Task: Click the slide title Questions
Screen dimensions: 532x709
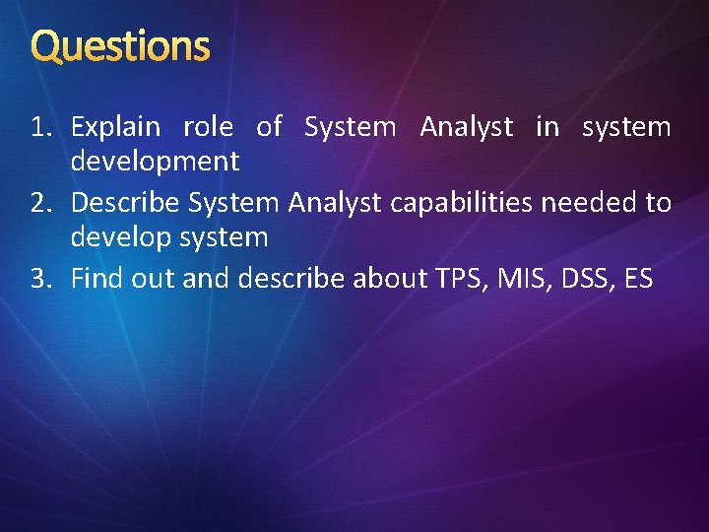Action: (120, 46)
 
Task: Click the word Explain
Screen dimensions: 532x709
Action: (116, 127)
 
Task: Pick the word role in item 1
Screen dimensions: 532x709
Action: (208, 127)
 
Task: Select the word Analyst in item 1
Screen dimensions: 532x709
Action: (466, 127)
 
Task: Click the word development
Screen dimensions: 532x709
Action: (155, 161)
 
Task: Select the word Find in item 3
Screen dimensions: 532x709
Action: (95, 279)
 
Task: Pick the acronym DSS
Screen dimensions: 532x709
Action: (585, 279)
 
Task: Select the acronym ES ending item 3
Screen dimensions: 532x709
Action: (638, 279)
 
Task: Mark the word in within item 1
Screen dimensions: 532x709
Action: (547, 127)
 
